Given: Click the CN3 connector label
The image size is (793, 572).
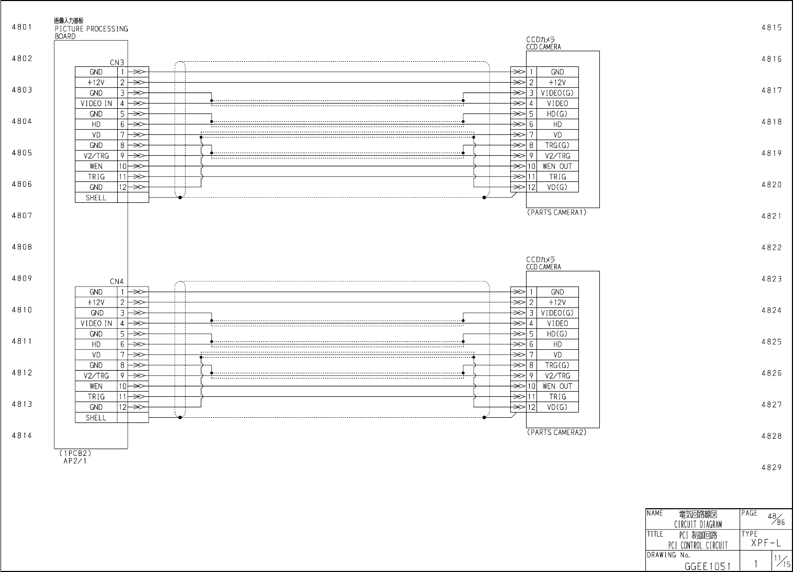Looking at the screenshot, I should (x=117, y=63).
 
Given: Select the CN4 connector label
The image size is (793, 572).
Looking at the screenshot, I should (x=117, y=282).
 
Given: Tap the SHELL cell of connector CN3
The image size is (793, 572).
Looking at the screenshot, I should (x=96, y=198).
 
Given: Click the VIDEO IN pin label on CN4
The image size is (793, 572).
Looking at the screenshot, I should (x=96, y=324).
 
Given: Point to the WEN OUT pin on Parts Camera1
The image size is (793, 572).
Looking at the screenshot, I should (x=557, y=166).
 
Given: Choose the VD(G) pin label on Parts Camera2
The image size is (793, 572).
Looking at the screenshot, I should (x=557, y=407).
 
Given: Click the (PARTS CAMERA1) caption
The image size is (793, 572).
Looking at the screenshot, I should (x=556, y=213).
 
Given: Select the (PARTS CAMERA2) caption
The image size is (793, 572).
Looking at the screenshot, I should (x=556, y=433).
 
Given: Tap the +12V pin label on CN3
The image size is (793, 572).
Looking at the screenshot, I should (x=96, y=83).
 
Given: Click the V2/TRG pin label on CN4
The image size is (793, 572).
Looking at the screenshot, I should (x=96, y=376).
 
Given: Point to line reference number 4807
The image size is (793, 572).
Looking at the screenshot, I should (x=22, y=215).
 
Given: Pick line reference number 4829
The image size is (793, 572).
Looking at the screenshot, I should (x=772, y=467).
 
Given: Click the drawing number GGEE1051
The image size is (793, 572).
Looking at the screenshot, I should (x=707, y=565).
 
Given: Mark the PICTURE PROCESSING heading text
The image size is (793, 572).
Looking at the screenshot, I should (x=91, y=29).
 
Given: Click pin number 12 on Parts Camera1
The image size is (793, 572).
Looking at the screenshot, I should (x=531, y=187).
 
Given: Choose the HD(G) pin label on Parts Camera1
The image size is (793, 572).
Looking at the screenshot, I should (x=557, y=114).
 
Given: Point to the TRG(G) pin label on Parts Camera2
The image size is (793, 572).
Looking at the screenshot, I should (x=557, y=365).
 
